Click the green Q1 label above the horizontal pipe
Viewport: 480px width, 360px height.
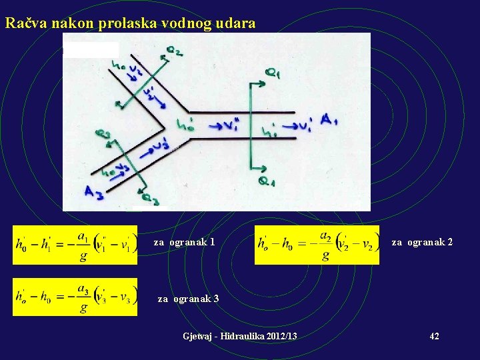[273, 75]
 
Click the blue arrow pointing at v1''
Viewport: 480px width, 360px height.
[215, 125]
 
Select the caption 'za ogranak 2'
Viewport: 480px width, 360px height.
[422, 242]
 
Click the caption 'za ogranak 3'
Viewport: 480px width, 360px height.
[189, 299]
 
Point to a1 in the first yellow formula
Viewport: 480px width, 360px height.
[83, 237]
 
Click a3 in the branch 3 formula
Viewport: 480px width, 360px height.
[83, 289]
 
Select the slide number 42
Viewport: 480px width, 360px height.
[434, 336]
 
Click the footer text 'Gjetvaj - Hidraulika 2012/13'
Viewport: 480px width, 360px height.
[240, 336]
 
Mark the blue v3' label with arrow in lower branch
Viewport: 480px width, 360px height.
[153, 148]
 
